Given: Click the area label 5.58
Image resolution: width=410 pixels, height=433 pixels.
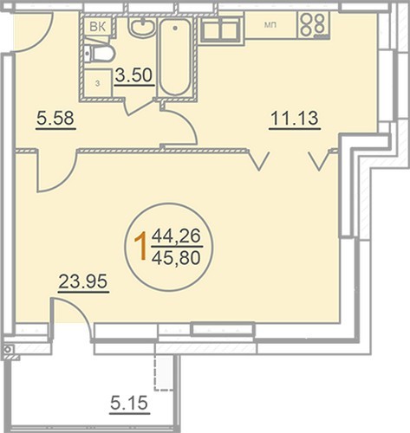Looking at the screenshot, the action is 55,119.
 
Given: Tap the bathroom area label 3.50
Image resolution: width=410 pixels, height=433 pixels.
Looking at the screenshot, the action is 133,75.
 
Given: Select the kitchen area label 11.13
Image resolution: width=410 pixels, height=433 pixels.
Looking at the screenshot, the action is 294,119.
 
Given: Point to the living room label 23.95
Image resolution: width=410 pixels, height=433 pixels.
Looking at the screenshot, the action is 83,281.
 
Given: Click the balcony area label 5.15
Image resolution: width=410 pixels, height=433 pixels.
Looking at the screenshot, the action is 129,403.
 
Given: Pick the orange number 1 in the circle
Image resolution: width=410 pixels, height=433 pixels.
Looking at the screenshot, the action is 141,247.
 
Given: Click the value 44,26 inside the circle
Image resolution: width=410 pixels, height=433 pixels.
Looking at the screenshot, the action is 176,236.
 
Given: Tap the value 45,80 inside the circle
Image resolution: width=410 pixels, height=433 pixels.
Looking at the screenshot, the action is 176,258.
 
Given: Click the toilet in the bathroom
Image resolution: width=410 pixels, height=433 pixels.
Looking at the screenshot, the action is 100,53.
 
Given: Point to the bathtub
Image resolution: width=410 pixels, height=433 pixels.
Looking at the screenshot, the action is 175,56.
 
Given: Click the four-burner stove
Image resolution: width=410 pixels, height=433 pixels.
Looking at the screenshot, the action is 315,24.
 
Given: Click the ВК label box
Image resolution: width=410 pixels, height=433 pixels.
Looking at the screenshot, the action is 98,27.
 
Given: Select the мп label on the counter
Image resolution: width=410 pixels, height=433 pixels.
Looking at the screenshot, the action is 270,25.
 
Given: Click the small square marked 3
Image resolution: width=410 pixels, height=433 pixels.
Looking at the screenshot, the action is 98,83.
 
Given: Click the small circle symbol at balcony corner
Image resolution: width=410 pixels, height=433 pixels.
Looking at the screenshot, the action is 8,350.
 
